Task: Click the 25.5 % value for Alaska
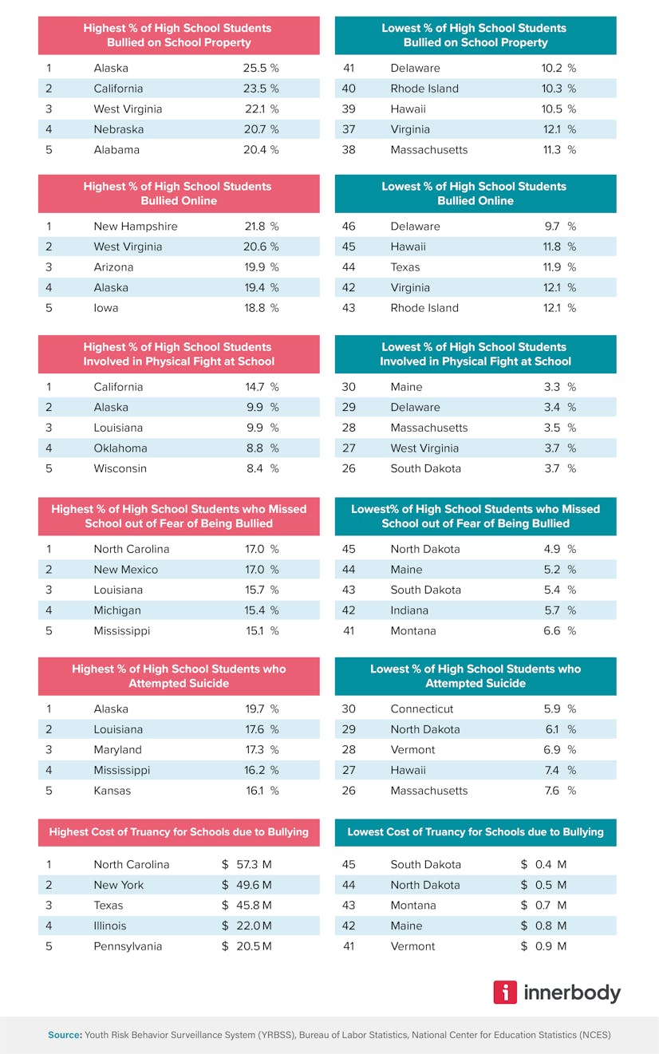point(261,68)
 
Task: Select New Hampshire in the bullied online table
point(136,227)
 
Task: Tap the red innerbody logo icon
point(505,992)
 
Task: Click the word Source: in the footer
point(65,1035)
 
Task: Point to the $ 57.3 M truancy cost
point(247,864)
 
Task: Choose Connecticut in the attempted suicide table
point(421,709)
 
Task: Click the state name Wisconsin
point(120,468)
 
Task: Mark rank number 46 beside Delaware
point(349,227)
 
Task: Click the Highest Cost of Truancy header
point(179,831)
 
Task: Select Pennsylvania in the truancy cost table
point(128,946)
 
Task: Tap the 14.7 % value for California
point(262,387)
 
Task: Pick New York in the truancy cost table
point(118,885)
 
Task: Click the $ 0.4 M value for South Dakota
point(543,864)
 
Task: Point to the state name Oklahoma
point(120,448)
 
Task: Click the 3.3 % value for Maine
point(559,387)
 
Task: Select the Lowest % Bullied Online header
point(476,193)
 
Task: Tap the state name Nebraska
point(118,129)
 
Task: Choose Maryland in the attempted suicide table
point(117,750)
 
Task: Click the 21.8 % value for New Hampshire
point(262,227)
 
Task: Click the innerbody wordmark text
point(572,993)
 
